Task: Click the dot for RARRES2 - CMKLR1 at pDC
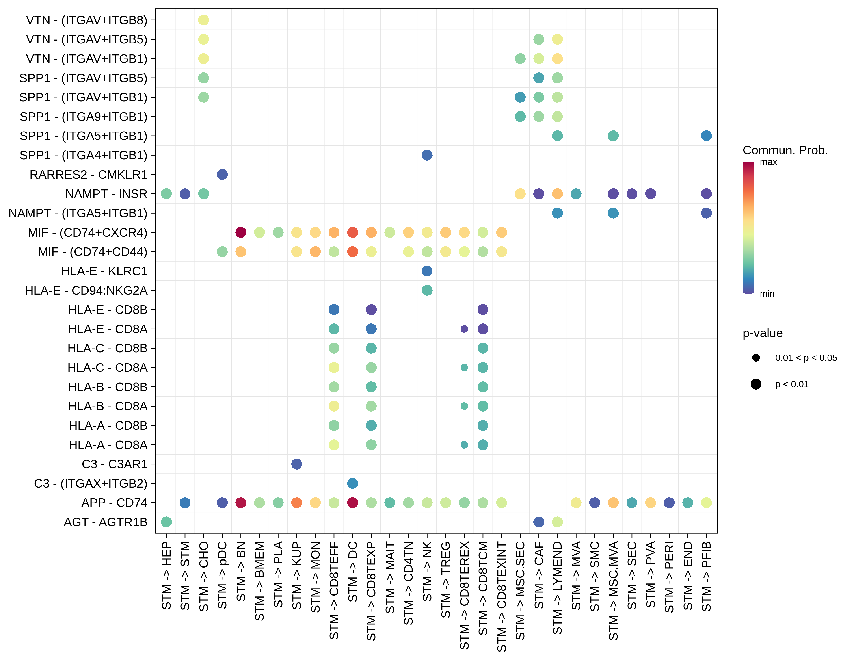click(x=222, y=174)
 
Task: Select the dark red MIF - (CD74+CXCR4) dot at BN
click(x=241, y=232)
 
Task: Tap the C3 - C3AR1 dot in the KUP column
click(x=297, y=464)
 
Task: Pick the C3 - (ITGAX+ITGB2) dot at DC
click(x=352, y=483)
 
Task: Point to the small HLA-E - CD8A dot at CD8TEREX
click(x=464, y=329)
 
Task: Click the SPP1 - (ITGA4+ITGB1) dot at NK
click(x=427, y=155)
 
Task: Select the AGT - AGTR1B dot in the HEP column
click(x=166, y=522)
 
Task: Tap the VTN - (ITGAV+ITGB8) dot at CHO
click(x=203, y=20)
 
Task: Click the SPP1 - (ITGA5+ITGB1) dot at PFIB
click(x=706, y=136)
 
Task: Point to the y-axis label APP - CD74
click(x=114, y=503)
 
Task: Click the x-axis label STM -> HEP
click(x=166, y=575)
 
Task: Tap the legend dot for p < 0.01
click(x=756, y=384)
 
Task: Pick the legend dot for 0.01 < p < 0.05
click(x=756, y=358)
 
